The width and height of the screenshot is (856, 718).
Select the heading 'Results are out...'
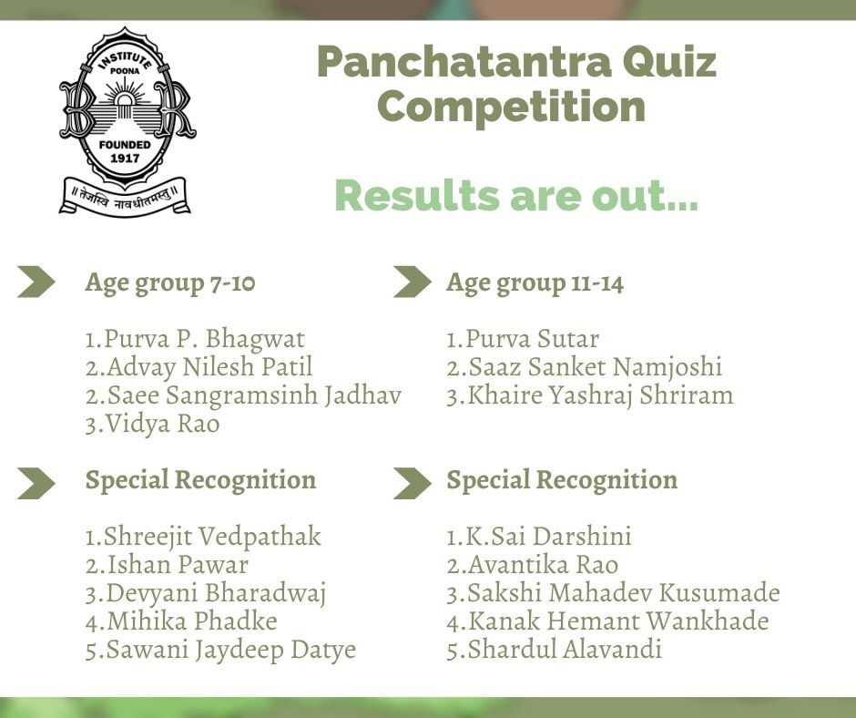516,196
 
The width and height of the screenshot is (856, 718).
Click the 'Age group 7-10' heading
170,282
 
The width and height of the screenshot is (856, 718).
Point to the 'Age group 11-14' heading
535,282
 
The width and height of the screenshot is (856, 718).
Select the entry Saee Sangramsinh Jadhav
243,396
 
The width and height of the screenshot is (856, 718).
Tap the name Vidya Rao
152,425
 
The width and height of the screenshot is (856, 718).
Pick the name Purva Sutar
523,339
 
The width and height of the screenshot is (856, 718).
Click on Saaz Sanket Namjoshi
584,367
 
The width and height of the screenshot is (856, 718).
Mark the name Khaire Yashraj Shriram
589,396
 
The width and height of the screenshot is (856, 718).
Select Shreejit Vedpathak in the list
203,537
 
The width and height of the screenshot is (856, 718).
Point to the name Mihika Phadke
181,621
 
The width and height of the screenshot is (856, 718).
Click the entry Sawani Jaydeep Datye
220,650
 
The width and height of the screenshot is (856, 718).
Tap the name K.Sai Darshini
539,537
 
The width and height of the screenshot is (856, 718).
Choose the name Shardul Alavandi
554,650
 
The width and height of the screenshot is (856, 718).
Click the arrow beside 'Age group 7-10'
36,282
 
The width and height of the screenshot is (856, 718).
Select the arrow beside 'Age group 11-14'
412,282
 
